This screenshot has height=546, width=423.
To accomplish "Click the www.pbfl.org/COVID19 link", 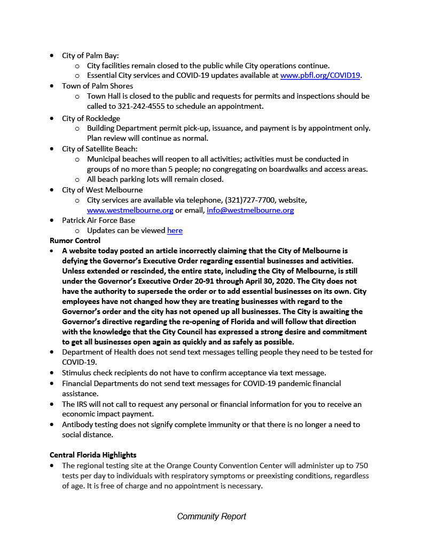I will [x=320, y=76].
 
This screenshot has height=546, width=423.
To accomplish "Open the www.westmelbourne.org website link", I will [x=130, y=210].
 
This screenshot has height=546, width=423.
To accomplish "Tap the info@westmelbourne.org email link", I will [x=250, y=210].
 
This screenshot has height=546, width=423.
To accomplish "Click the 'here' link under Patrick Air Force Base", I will [x=175, y=230].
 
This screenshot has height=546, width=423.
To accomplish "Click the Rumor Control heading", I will [x=75, y=240].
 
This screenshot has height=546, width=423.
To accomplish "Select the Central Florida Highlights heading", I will [x=93, y=455].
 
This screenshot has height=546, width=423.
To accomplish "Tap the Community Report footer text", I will [x=211, y=516].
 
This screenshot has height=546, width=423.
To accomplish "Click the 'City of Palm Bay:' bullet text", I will [x=90, y=55].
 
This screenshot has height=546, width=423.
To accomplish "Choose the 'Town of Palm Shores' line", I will [x=97, y=86].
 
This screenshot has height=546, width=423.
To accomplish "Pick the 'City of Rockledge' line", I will [x=91, y=118].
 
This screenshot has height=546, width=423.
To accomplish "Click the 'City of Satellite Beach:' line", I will [x=99, y=149].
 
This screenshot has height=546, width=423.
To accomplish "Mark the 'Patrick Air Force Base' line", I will [x=98, y=220].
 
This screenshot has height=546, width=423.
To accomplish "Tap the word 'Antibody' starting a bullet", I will [x=77, y=424].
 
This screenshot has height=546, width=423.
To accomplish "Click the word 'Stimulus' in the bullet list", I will [x=77, y=373].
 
